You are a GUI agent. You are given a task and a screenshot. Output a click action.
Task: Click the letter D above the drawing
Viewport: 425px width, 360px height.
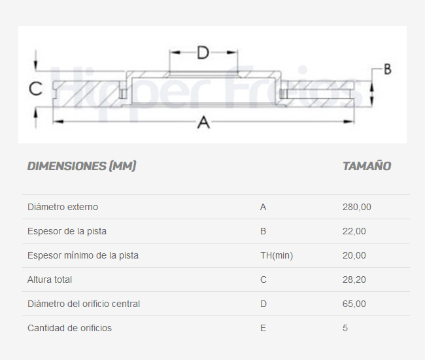pos(203,52)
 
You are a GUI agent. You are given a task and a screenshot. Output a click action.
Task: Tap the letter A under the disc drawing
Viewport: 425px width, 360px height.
pos(203,122)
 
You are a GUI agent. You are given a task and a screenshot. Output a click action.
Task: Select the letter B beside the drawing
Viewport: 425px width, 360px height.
pos(388,69)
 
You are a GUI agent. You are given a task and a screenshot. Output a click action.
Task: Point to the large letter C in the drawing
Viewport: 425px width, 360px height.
pos(35,89)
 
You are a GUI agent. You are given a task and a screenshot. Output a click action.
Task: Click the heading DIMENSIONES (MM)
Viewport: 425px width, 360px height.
pos(82,166)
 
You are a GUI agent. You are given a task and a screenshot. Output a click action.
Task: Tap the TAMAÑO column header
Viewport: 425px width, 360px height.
pos(367,166)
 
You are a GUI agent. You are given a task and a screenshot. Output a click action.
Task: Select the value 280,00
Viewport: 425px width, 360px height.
pos(357,207)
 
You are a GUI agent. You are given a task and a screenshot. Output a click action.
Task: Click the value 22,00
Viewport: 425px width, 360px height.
pos(354,231)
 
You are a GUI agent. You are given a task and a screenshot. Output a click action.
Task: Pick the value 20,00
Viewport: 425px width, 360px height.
pos(354,255)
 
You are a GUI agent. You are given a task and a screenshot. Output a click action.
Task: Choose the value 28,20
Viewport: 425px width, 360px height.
pos(354,279)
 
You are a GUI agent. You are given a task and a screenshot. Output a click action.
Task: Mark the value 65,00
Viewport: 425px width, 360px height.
pos(354,304)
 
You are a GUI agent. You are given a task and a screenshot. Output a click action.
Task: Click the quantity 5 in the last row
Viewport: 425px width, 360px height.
pos(345,328)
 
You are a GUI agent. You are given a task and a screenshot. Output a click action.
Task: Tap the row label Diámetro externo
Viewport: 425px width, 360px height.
pos(63,207)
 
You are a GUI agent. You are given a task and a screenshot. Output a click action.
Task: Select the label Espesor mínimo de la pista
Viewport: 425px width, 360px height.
pos(83,255)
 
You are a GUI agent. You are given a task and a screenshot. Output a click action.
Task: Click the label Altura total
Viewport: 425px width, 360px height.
pos(50,279)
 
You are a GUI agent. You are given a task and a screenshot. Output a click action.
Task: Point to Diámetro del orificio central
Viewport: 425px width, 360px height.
pos(84,304)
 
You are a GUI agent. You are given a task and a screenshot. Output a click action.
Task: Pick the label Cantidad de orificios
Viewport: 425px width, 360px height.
pos(70,328)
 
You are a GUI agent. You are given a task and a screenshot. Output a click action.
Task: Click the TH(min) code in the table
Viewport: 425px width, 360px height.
pos(277,255)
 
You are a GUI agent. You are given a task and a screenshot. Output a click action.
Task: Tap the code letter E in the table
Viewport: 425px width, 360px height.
pos(263,328)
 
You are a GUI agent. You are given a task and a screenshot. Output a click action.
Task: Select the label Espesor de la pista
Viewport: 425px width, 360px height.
pos(67,231)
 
